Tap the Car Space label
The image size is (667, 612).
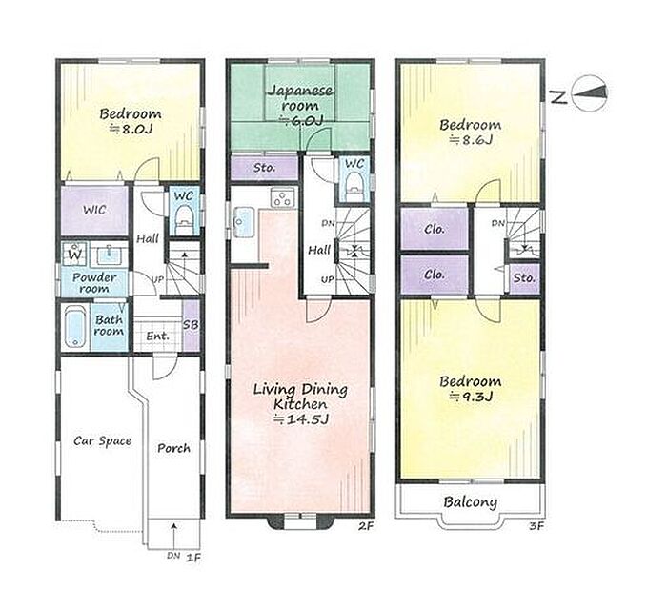click(x=103, y=441)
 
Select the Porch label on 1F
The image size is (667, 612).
click(x=173, y=448)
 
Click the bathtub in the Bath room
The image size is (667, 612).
click(x=75, y=327)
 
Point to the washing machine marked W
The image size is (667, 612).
click(x=74, y=254)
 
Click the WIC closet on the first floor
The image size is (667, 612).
click(x=94, y=211)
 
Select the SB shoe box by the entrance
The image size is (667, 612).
click(x=191, y=325)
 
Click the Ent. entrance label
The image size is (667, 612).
click(x=157, y=336)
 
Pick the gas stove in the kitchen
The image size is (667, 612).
click(x=282, y=197)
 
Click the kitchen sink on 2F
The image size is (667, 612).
click(x=244, y=223)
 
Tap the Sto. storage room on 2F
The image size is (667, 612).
click(x=264, y=168)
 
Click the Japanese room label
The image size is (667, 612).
click(x=300, y=98)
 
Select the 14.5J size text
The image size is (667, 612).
click(x=301, y=419)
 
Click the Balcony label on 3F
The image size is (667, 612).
click(x=470, y=502)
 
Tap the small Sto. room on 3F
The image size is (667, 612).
click(x=524, y=278)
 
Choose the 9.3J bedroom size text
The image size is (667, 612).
click(x=471, y=397)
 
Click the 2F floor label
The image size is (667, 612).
click(x=365, y=526)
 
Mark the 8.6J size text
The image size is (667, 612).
click(x=471, y=139)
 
